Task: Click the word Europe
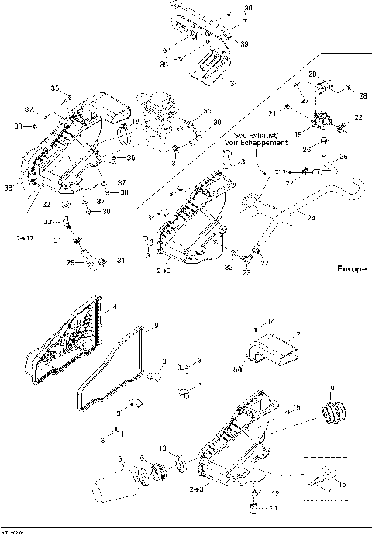pyautogui.click(x=351, y=268)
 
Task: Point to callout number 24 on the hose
pyautogui.click(x=310, y=219)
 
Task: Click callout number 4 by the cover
pyautogui.click(x=115, y=307)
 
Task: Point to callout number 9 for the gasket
pyautogui.click(x=157, y=327)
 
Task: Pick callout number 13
pyautogui.click(x=161, y=449)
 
